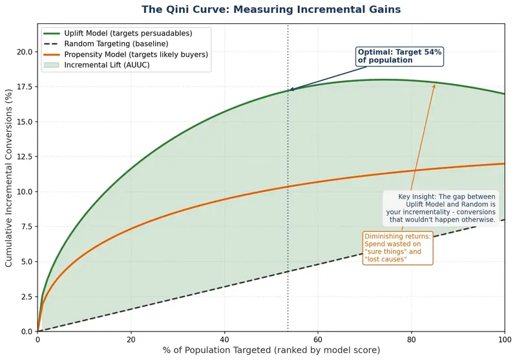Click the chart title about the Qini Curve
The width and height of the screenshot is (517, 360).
click(271, 10)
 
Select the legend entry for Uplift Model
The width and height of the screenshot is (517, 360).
click(127, 32)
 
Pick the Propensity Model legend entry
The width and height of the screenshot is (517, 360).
click(135, 54)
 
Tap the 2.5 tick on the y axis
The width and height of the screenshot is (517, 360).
click(27, 297)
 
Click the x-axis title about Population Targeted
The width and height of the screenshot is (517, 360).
click(271, 350)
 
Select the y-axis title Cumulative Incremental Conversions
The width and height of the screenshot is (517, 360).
click(9, 178)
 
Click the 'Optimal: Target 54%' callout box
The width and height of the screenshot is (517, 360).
click(399, 56)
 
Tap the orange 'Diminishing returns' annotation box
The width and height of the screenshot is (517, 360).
click(397, 248)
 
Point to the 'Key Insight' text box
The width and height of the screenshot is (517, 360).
click(442, 208)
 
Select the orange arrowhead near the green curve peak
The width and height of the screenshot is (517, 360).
click(435, 84)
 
